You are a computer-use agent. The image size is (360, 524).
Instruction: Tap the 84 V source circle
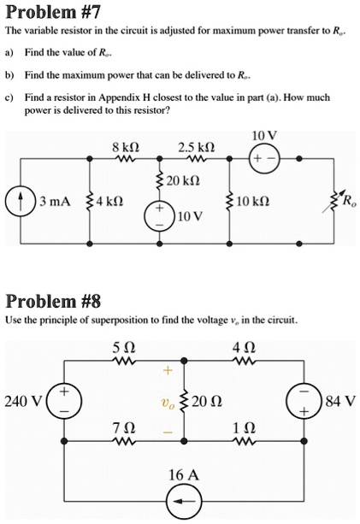coord(310,401)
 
